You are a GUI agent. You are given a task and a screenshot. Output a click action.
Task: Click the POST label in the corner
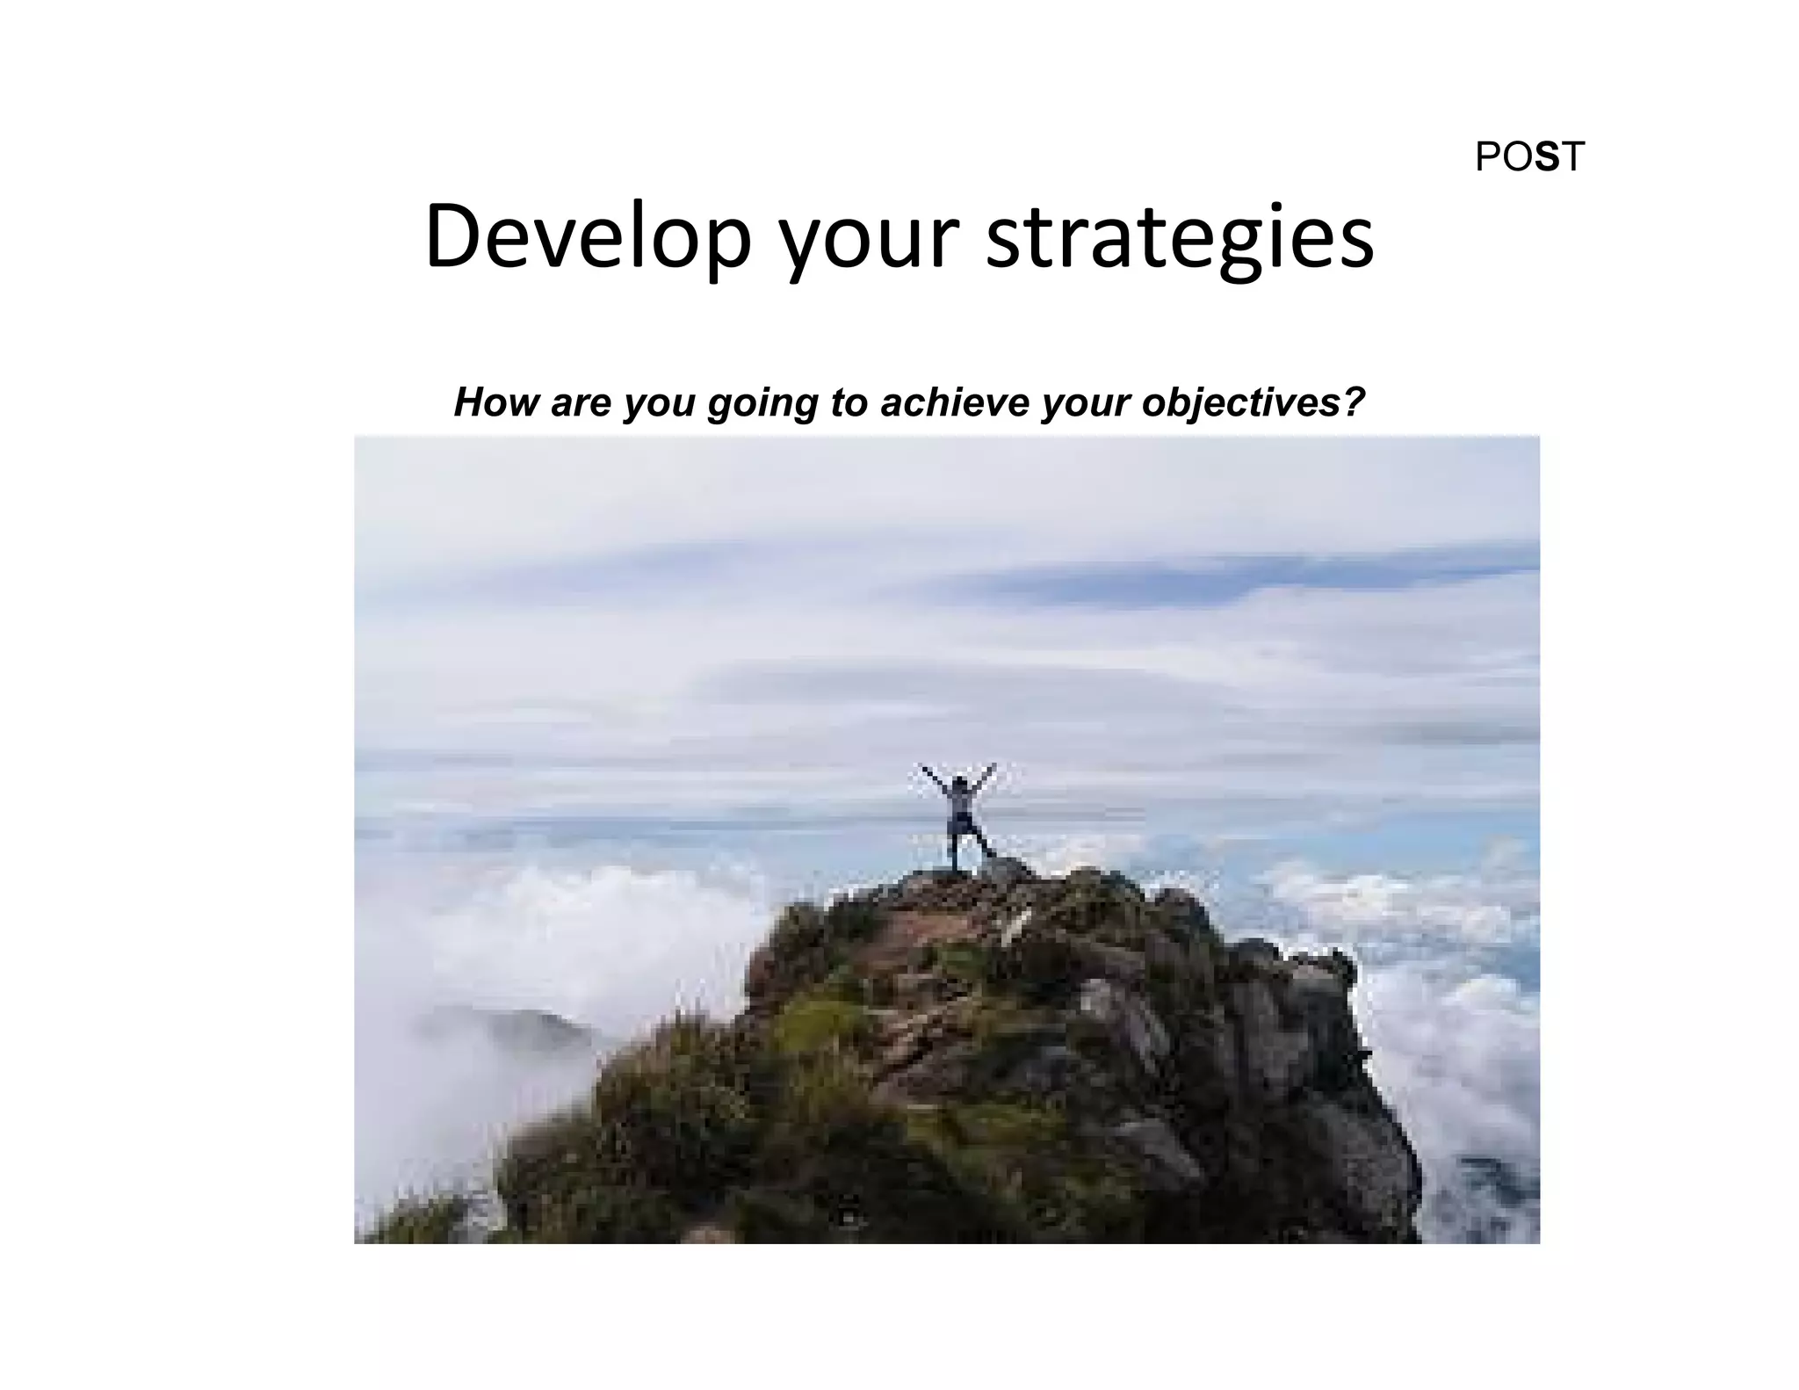(1529, 157)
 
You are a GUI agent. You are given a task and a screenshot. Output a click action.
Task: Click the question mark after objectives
(1354, 402)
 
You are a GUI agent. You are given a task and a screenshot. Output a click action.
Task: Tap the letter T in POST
(1571, 157)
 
